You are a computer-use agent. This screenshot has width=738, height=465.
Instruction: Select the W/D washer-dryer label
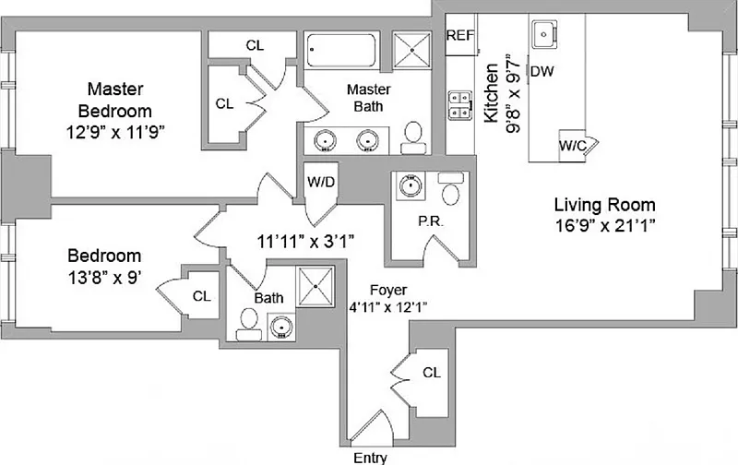(320, 181)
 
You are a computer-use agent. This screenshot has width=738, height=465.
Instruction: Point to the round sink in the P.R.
(409, 187)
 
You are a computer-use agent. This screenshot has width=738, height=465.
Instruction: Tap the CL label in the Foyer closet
(431, 372)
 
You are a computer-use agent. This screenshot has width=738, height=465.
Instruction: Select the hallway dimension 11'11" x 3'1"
(305, 242)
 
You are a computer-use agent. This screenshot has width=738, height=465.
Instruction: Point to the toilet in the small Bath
(248, 320)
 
